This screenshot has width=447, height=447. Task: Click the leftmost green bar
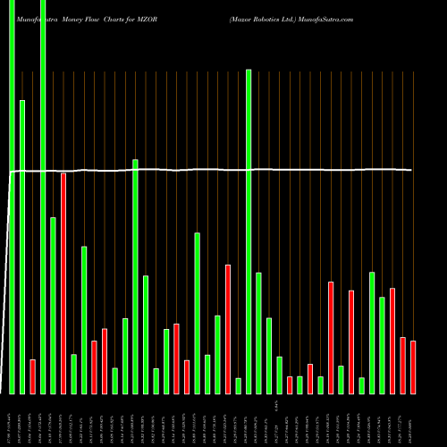[x=12, y=197]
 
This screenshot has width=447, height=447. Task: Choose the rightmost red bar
[x=413, y=367]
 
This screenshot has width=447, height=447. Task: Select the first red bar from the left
[x=32, y=376]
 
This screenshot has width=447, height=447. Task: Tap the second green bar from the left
[x=22, y=247]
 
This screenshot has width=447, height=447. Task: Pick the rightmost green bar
[x=382, y=345]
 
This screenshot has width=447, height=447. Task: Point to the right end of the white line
[x=412, y=170]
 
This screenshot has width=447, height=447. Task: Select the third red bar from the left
[x=94, y=367]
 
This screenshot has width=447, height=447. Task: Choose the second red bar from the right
[x=403, y=365]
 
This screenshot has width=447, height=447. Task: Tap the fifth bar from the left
[x=53, y=305]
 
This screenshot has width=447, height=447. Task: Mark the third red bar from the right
[x=392, y=341]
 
